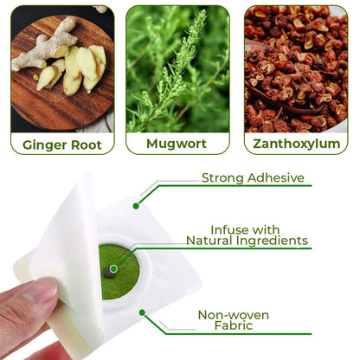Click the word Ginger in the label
click(44, 145)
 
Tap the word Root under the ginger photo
click(87, 145)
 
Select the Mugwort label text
click(177, 144)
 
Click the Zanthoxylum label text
click(297, 144)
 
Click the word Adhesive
click(276, 177)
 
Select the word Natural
click(209, 241)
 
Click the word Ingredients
click(272, 241)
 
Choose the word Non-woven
click(234, 315)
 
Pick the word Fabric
click(234, 325)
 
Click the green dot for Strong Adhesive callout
click(136, 206)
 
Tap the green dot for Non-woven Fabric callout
click(142, 312)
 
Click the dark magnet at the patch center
click(109, 272)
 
